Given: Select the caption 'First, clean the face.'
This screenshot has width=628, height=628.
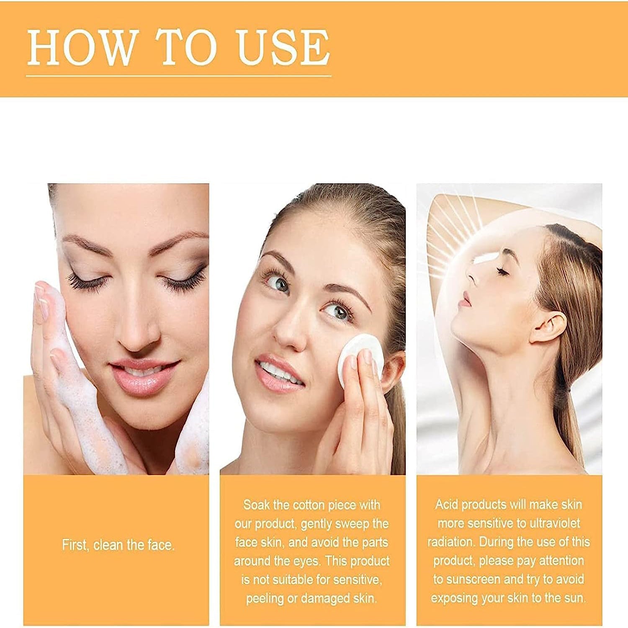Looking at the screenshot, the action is [118, 545].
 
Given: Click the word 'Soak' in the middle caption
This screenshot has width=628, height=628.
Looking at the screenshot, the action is [257, 505].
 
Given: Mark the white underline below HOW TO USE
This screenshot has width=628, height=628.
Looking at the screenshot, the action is [179, 76].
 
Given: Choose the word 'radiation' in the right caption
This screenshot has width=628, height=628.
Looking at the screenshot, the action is [451, 542].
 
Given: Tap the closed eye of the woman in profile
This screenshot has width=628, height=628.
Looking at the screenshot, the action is [502, 273].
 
